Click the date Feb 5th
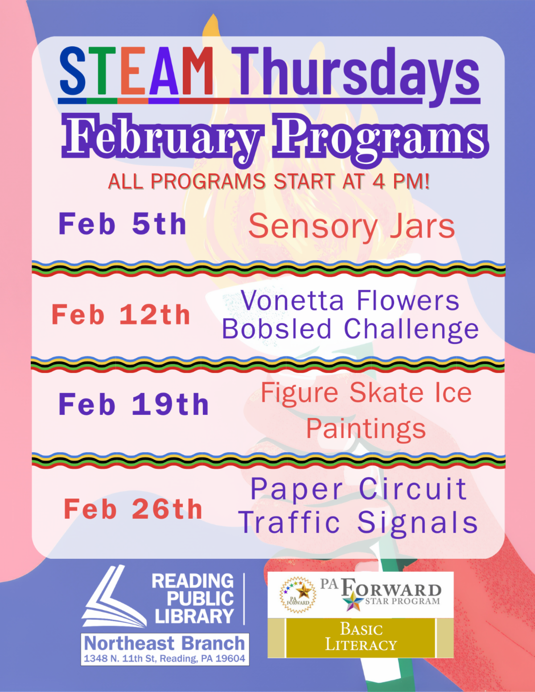click(x=122, y=224)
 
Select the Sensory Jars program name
click(x=351, y=226)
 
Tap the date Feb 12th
click(x=121, y=315)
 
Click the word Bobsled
click(x=276, y=329)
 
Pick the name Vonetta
click(x=292, y=301)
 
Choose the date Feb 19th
click(x=133, y=405)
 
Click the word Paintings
click(x=366, y=429)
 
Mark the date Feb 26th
click(x=133, y=509)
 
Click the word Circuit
click(x=413, y=489)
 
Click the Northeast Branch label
click(x=165, y=643)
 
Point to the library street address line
click(x=165, y=659)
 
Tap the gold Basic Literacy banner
click(x=360, y=637)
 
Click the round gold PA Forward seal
click(x=298, y=594)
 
